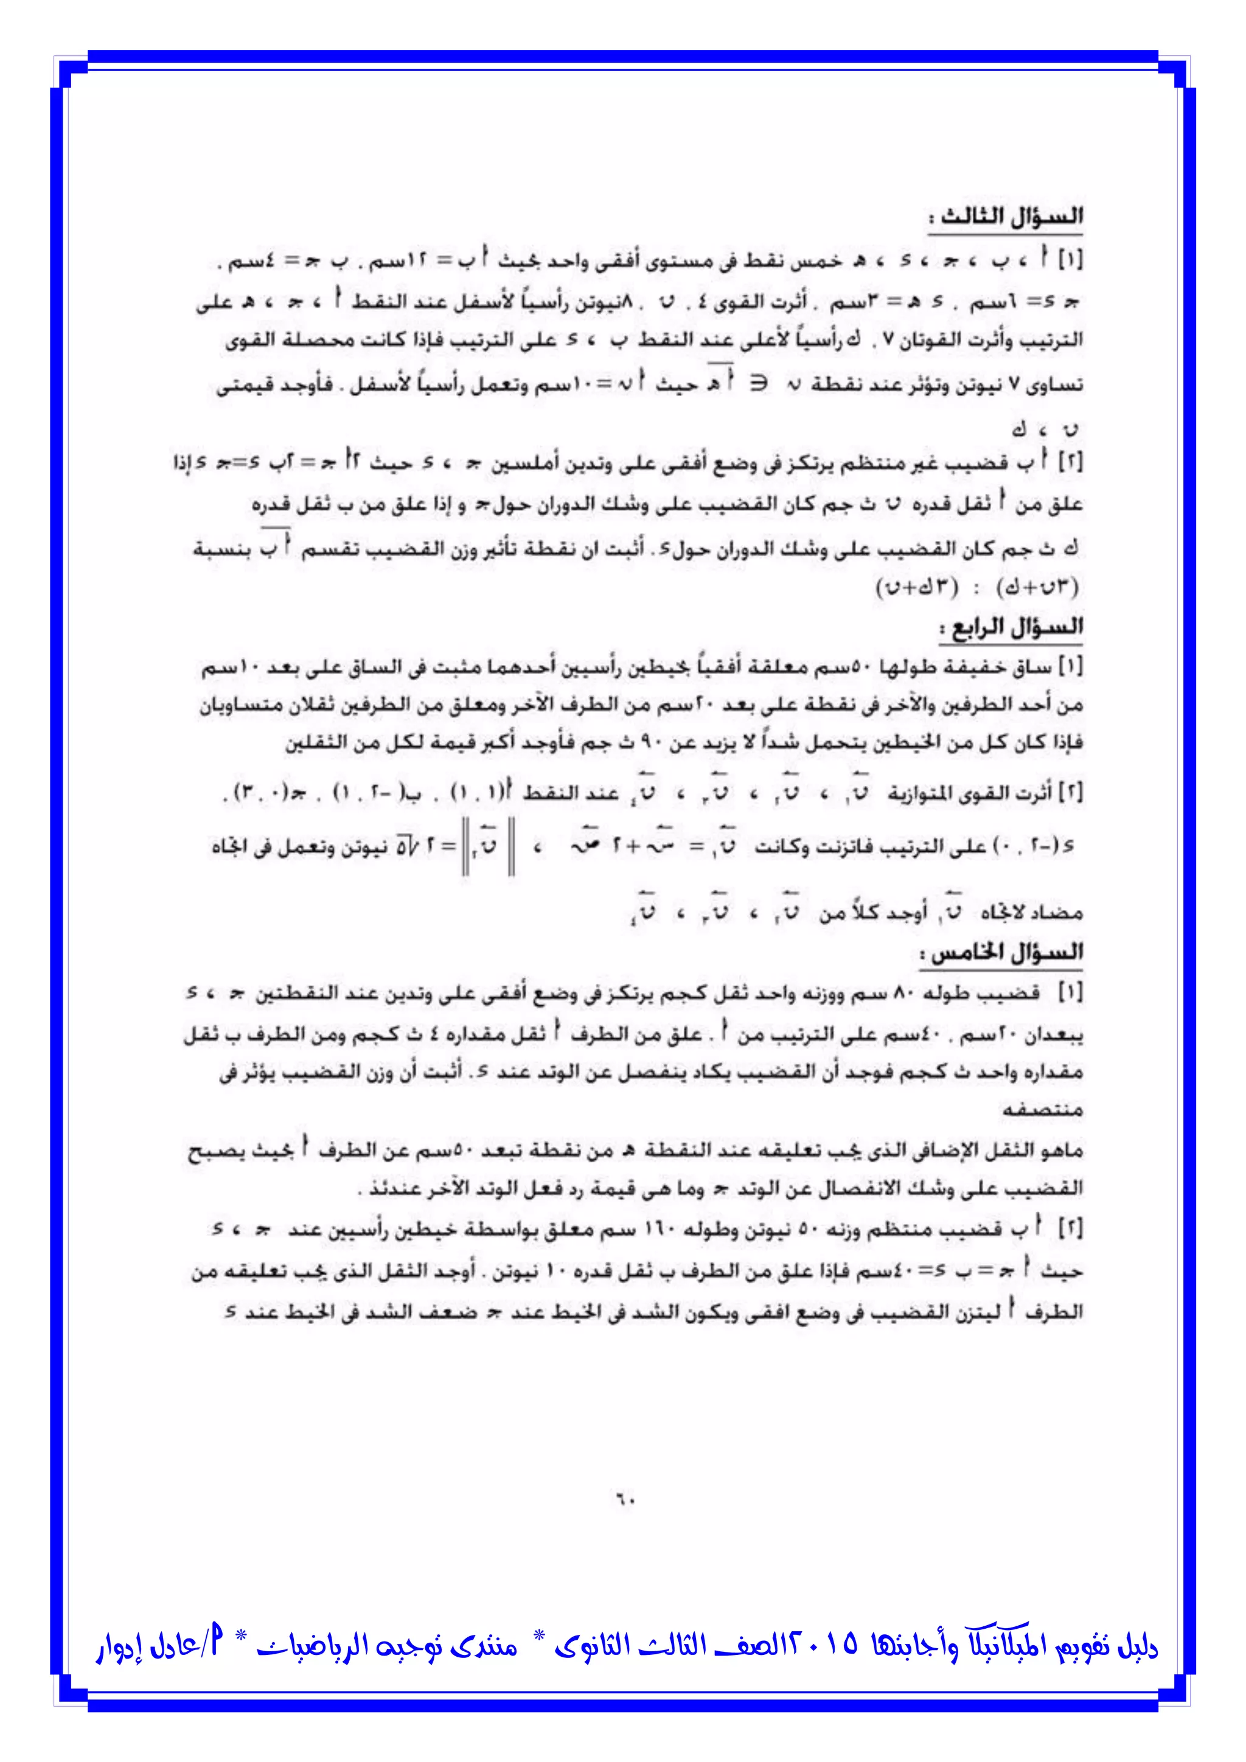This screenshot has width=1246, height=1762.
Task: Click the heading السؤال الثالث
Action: click(1005, 217)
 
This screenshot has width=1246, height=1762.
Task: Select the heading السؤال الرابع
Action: click(1011, 628)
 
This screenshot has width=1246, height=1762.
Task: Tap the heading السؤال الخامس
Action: click(1002, 954)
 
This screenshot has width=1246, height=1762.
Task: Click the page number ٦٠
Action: click(623, 1497)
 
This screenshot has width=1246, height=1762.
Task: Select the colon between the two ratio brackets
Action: click(976, 588)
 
